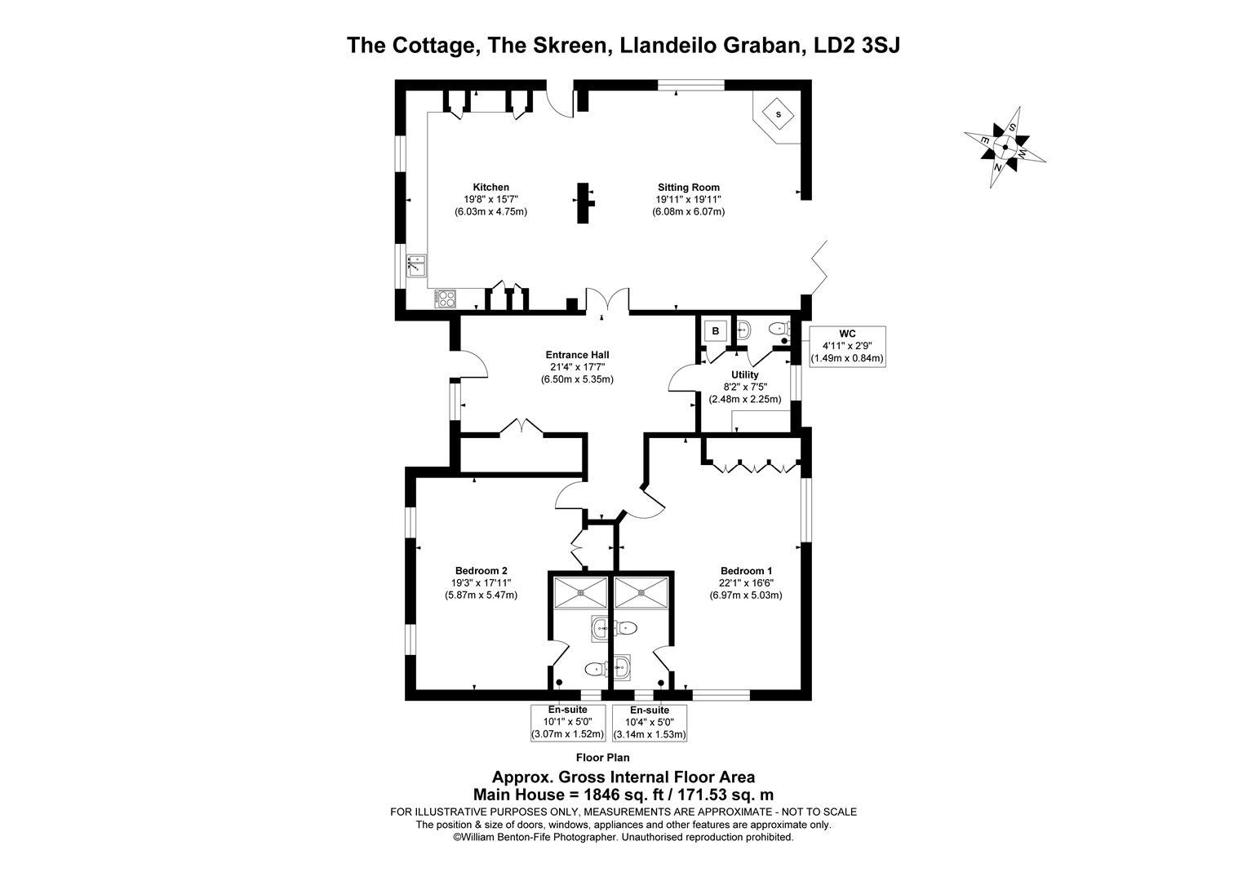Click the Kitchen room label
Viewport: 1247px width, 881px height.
point(490,188)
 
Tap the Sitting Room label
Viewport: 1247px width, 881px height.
point(688,188)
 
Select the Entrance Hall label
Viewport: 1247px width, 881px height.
point(577,355)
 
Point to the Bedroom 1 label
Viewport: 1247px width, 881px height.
point(746,571)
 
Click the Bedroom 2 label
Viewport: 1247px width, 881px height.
point(481,571)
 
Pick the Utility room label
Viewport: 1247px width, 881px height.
point(744,375)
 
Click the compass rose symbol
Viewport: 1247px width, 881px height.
point(1005,148)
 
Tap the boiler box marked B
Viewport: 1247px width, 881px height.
point(716,331)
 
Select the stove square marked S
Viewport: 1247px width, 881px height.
point(778,114)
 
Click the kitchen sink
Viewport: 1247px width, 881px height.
point(417,264)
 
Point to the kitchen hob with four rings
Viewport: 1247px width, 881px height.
point(446,299)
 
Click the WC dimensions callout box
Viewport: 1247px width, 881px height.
point(846,346)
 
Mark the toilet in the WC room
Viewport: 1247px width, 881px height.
point(776,330)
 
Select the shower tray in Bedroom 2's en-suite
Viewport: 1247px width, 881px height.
point(580,592)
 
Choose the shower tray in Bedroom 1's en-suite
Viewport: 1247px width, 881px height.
point(641,592)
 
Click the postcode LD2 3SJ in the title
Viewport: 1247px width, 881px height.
point(857,45)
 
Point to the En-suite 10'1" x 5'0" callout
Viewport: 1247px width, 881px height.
point(567,722)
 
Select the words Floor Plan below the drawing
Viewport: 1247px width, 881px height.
point(602,758)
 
